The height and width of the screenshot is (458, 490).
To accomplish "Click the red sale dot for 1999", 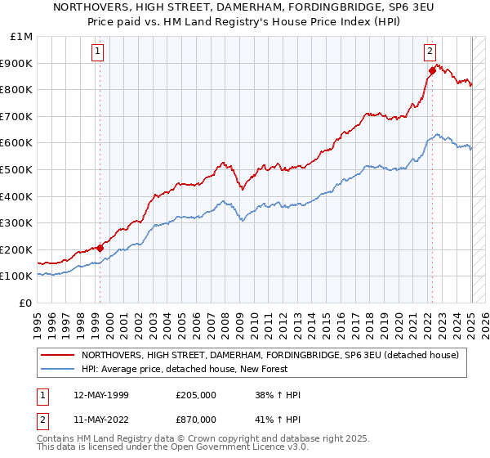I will coord(100,248).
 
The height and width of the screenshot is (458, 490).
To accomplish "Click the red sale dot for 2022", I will coord(432,71).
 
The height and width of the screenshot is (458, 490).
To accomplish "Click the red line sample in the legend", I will coord(56,354).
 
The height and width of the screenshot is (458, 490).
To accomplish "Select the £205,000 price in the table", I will coord(196,395).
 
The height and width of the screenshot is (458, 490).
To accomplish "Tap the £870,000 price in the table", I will coord(196,419).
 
